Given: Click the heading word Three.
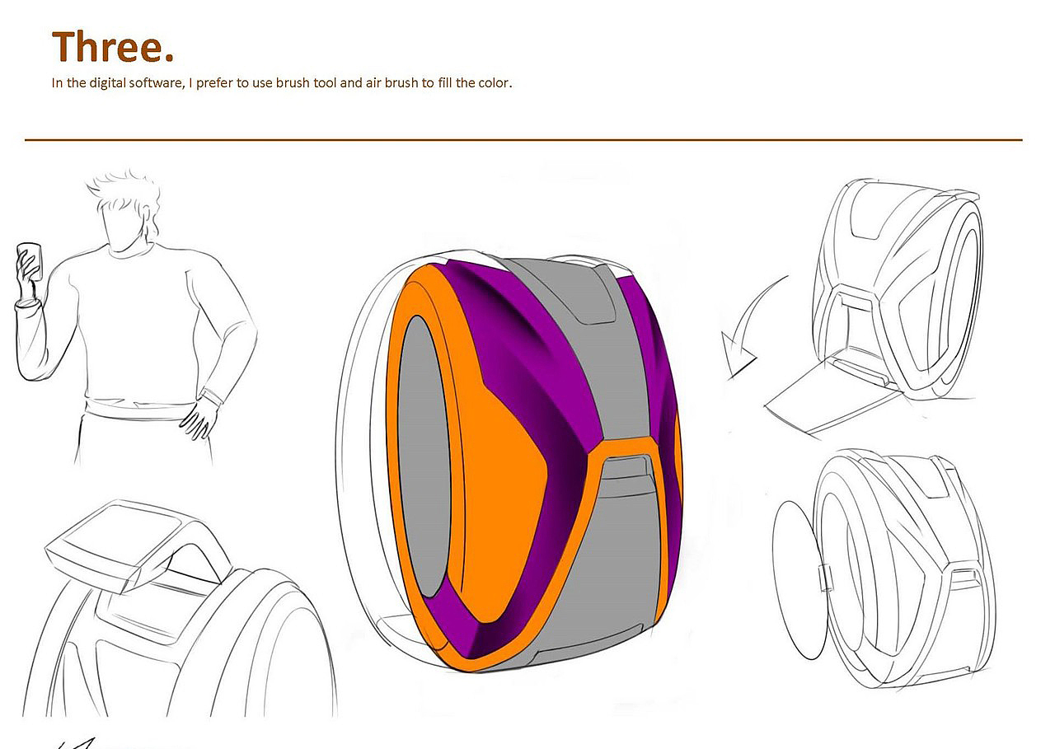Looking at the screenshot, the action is click(x=113, y=47).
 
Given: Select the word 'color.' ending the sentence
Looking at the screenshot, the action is click(x=495, y=82).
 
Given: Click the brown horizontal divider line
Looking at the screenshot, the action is click(x=523, y=140).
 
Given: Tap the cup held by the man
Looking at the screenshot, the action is click(x=29, y=260).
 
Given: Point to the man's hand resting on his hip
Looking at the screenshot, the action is click(x=200, y=416).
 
